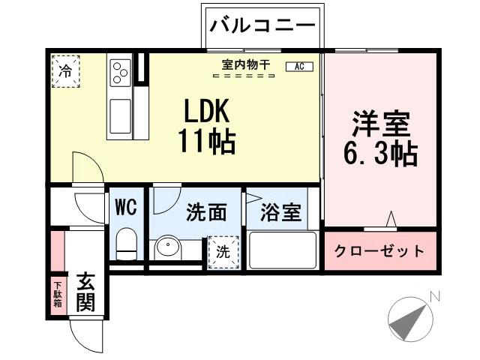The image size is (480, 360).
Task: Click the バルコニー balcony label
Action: [262, 27]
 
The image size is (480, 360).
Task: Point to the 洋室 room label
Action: [380, 123]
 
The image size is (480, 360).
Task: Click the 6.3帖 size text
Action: [380, 154]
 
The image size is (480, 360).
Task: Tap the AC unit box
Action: [299, 67]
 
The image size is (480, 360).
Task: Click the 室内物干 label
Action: [241, 65]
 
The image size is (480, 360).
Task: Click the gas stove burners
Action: [120, 73]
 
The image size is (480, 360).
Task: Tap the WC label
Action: [125, 207]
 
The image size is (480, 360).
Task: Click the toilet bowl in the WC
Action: [126, 244]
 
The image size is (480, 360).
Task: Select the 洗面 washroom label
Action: [207, 213]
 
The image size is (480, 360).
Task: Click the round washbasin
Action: [166, 248]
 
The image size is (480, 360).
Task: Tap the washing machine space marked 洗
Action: [223, 251]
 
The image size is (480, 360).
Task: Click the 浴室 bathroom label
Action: [281, 213]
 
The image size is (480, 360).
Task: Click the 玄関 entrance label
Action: [85, 294]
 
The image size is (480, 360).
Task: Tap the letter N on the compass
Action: [434, 297]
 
